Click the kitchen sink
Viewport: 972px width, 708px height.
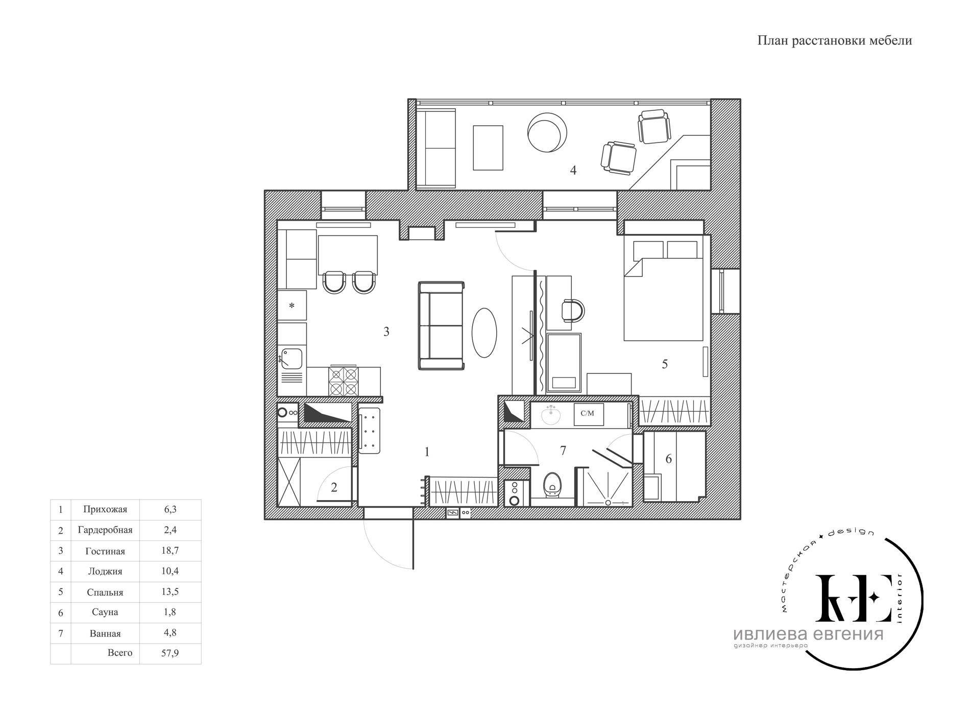(x=291, y=358)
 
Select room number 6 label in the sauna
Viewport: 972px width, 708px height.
(x=668, y=459)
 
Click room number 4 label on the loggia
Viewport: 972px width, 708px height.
(x=573, y=170)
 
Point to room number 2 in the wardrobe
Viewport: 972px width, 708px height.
(x=334, y=487)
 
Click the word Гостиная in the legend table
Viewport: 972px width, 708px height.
(x=105, y=551)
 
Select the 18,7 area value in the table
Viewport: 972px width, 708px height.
(x=170, y=550)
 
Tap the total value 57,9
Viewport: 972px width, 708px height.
(x=170, y=653)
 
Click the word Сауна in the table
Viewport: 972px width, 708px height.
(x=105, y=612)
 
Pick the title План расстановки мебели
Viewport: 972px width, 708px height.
(x=834, y=41)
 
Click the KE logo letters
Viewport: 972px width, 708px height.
(x=853, y=598)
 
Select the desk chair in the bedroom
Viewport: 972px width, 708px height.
(x=572, y=310)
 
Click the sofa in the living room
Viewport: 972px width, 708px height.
(x=442, y=325)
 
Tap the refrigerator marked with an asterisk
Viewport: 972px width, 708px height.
(x=292, y=305)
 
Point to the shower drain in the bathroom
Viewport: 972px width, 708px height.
(x=608, y=503)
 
